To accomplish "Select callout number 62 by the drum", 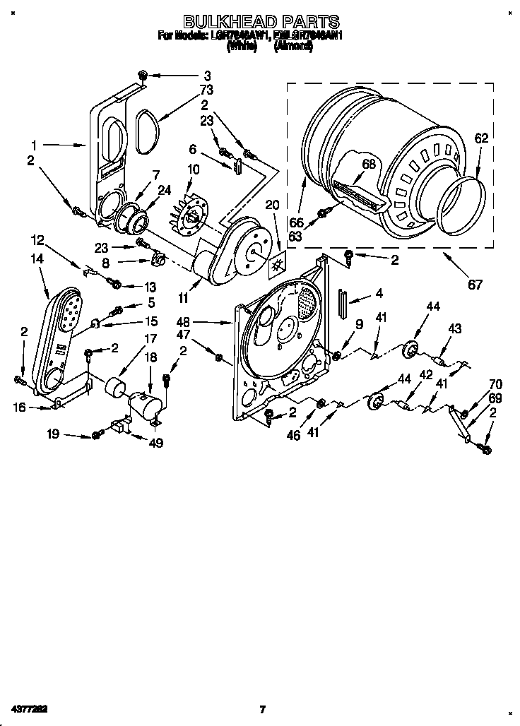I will (x=480, y=139).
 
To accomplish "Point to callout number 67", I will (x=475, y=285).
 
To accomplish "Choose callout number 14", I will (x=37, y=259).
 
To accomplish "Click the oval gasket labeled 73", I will (x=147, y=131).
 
